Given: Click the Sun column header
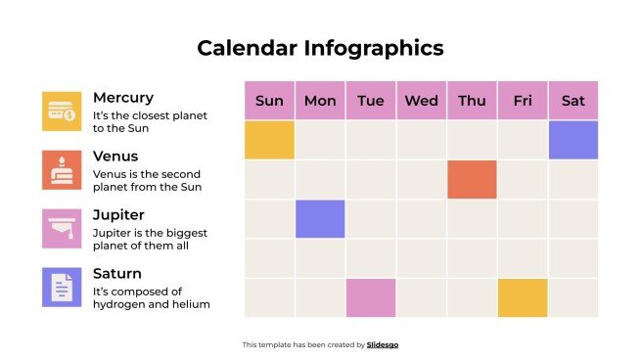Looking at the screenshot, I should coord(269,101).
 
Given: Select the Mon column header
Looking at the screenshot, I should coord(320,101).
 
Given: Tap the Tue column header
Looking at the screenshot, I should coord(371,101).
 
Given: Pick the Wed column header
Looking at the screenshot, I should coord(421,101).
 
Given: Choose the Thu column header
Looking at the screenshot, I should coord(472,101).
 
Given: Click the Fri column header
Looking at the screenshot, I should coord(523,101).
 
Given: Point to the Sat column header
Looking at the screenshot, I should coord(572,101).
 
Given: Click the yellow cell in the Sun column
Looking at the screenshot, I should coord(269,140).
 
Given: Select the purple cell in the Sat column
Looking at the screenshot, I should coord(572,140).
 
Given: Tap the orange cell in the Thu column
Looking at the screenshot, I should coord(472,180).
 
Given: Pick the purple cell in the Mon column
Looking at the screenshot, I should coord(320,219).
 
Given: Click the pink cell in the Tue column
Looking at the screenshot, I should coord(371,297).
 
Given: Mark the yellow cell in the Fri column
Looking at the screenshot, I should coord(523,297).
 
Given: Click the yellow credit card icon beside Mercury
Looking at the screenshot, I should coord(62,112).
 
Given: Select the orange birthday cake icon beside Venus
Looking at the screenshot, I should coord(62,170).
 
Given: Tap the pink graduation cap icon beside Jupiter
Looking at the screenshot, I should coord(62,229).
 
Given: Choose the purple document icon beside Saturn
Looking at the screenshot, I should coord(62,288).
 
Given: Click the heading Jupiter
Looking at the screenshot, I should coord(118,214).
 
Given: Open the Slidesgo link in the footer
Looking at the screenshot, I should coord(383,344).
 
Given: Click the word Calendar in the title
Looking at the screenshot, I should coord(247,48).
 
